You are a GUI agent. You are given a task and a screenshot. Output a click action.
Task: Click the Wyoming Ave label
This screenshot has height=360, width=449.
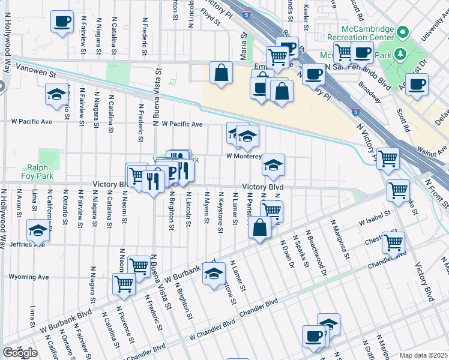(x=28, y=277)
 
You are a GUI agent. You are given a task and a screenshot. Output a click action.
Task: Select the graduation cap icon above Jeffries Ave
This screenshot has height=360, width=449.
(x=38, y=230)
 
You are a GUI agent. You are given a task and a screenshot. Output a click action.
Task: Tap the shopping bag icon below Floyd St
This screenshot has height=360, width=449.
(x=221, y=73)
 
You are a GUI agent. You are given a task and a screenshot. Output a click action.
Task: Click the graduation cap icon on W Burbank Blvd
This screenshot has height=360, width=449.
(x=213, y=274)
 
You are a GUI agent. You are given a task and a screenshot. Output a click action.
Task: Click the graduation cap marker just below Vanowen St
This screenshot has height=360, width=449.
(x=57, y=94)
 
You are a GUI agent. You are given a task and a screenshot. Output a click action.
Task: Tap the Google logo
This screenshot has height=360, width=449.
(x=20, y=353)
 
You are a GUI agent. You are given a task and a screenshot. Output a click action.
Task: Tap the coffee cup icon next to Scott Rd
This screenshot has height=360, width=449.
(x=416, y=84)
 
